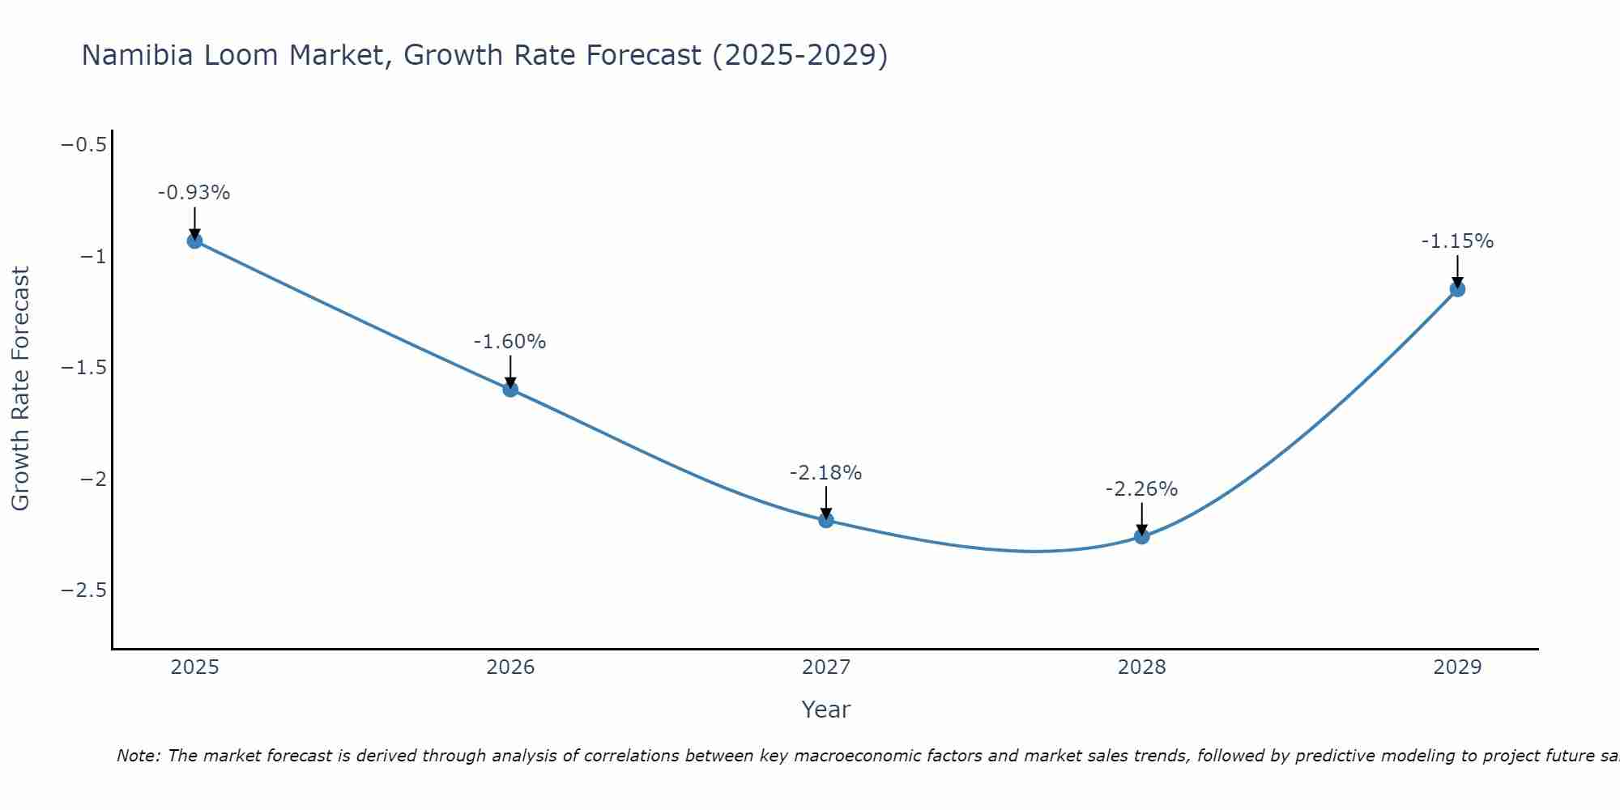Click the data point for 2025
pyautogui.click(x=194, y=241)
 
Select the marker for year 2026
pyautogui.click(x=510, y=389)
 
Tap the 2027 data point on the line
pyautogui.click(x=826, y=520)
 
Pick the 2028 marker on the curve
pyautogui.click(x=1141, y=536)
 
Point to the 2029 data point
pyautogui.click(x=1457, y=289)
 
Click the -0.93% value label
pyautogui.click(x=194, y=193)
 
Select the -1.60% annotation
pyautogui.click(x=509, y=342)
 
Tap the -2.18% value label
pyautogui.click(x=825, y=472)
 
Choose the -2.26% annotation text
pyautogui.click(x=1141, y=489)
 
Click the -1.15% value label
pyautogui.click(x=1457, y=241)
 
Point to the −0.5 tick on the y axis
pyautogui.click(x=84, y=145)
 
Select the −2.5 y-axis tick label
pyautogui.click(x=84, y=590)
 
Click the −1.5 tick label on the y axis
pyautogui.click(x=84, y=368)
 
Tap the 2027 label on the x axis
pyautogui.click(x=826, y=667)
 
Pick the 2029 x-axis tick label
pyautogui.click(x=1457, y=667)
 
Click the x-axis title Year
pyautogui.click(x=825, y=710)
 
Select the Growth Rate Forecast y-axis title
pyautogui.click(x=20, y=389)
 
